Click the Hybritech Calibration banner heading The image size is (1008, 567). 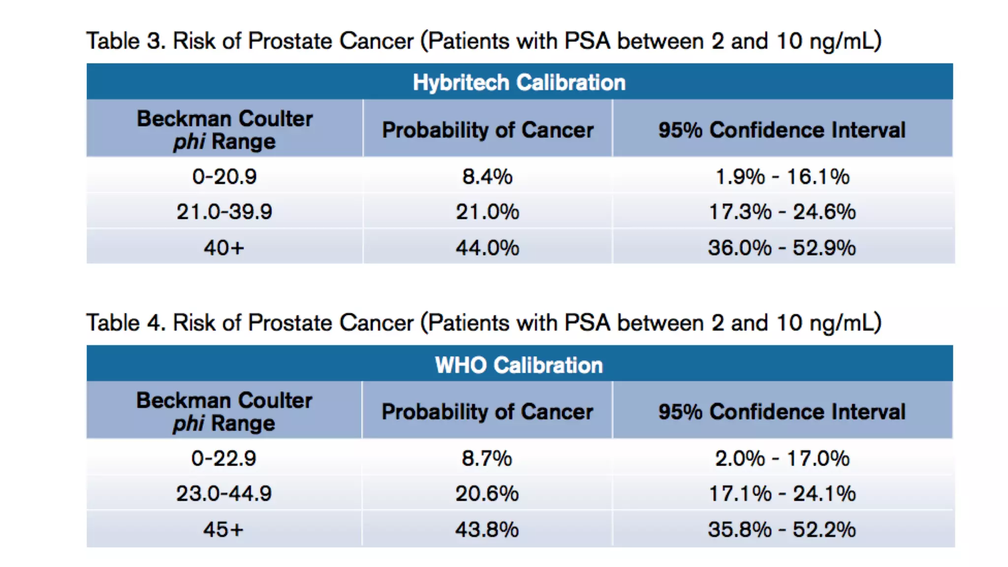[x=519, y=82]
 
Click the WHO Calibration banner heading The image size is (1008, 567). [x=519, y=365]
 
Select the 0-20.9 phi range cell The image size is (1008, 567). [x=224, y=176]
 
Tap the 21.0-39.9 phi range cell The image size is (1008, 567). [x=224, y=212]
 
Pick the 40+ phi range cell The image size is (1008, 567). [x=224, y=247]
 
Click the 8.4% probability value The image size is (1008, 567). [x=487, y=176]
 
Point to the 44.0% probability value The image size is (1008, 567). [x=487, y=247]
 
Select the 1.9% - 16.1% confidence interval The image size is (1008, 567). [x=782, y=176]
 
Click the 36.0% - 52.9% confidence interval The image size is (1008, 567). [x=782, y=247]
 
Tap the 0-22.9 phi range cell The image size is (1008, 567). [x=224, y=458]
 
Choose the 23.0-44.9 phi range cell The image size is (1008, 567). [x=224, y=493]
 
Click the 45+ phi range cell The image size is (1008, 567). [x=223, y=529]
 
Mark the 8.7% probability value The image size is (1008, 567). [x=487, y=458]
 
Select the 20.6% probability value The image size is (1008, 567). [x=487, y=493]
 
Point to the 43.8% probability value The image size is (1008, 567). [x=487, y=529]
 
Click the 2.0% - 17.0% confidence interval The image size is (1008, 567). [x=782, y=458]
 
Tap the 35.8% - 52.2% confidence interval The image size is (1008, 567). [x=782, y=529]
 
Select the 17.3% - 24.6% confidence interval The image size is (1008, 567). [x=782, y=212]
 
